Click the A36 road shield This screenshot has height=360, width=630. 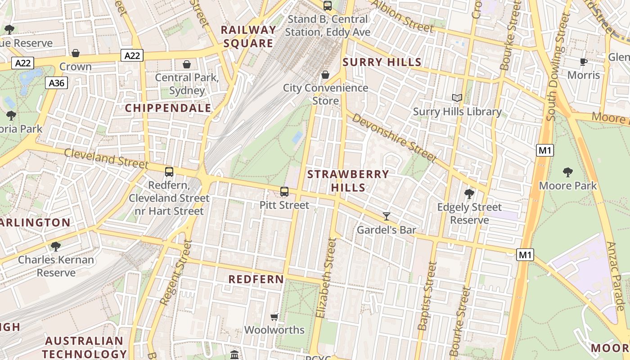click(x=57, y=83)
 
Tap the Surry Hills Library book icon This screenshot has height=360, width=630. click(x=457, y=98)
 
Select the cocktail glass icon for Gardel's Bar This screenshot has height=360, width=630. click(x=386, y=216)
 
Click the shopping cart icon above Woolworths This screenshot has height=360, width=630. click(x=274, y=317)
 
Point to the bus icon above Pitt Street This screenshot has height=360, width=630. click(x=284, y=192)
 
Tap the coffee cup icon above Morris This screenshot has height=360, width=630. click(x=584, y=62)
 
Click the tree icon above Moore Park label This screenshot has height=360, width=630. click(x=567, y=172)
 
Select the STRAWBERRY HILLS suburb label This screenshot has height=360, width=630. click(x=348, y=181)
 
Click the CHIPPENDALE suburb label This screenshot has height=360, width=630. click(x=168, y=108)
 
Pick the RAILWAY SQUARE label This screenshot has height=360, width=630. click(x=248, y=37)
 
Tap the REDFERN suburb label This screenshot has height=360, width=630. click(x=256, y=279)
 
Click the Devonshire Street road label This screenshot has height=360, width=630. click(x=394, y=138)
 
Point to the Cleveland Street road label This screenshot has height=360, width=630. click(x=106, y=158)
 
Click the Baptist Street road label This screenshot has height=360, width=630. click(x=427, y=296)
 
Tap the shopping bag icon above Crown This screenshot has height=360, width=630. click(x=76, y=53)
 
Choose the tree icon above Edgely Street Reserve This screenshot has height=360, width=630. click(x=469, y=194)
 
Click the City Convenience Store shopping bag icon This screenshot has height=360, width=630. click(x=325, y=74)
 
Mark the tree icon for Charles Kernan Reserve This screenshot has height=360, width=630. click(x=56, y=247)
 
